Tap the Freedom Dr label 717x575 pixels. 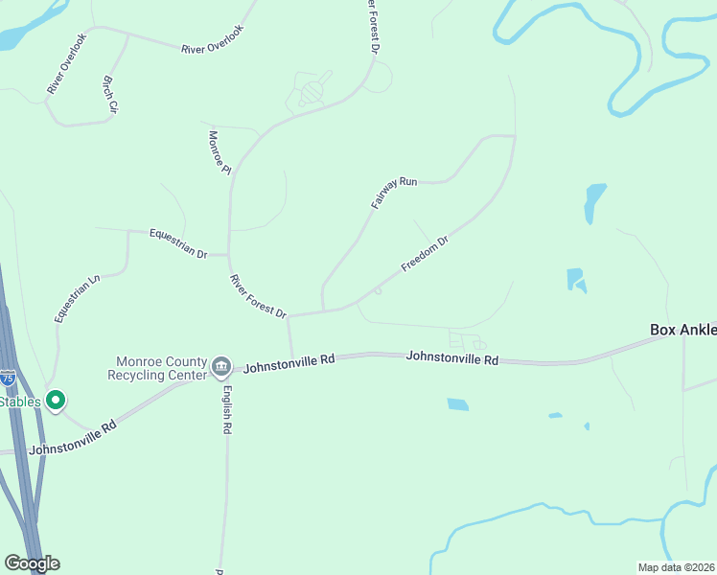pos(425,254)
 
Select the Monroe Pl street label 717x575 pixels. pos(220,152)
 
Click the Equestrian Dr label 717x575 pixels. pos(178,243)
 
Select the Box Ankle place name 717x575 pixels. pos(682,329)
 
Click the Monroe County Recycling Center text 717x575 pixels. pos(161,368)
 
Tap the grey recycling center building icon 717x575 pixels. pos(221,365)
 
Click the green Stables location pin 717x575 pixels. pos(56,401)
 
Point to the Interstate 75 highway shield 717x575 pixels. pos(8,377)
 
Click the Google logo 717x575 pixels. pos(32,563)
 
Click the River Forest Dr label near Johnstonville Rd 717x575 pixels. pos(258,297)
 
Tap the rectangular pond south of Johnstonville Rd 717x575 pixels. pos(457,404)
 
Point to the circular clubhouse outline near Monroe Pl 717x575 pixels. pos(313,94)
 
